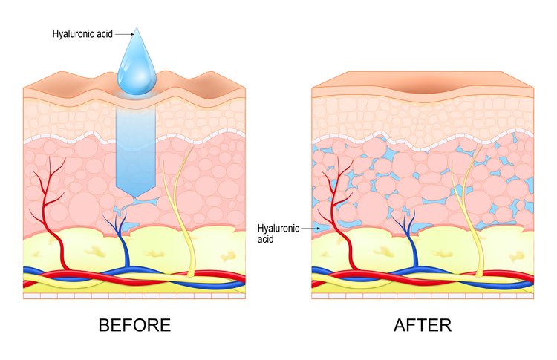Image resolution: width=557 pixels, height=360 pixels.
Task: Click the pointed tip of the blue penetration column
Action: pyautogui.click(x=137, y=196)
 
